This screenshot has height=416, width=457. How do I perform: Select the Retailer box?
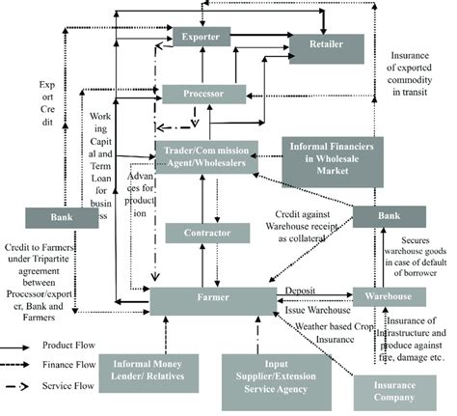pos(325,46)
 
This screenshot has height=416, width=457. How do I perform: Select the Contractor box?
pos(201,233)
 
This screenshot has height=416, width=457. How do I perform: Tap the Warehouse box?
pos(382,297)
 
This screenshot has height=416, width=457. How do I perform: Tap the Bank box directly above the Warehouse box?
pos(382,216)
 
